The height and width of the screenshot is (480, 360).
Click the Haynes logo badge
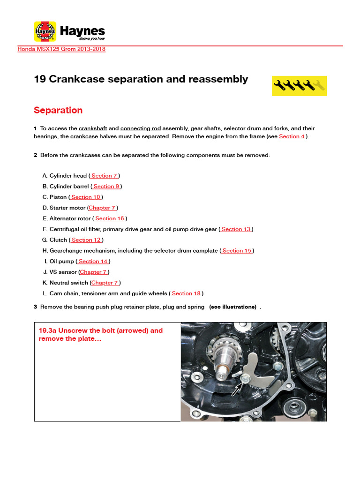(x=45, y=31)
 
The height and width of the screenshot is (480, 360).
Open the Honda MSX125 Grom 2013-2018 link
(x=61, y=49)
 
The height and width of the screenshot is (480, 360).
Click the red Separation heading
(x=58, y=110)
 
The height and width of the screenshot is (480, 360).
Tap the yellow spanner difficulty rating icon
(x=299, y=85)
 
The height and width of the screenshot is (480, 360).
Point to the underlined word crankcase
(x=84, y=136)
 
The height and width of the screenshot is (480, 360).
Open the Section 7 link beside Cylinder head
(x=105, y=176)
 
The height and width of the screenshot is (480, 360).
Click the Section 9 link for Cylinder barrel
(x=106, y=187)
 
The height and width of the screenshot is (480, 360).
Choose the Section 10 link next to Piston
(x=86, y=197)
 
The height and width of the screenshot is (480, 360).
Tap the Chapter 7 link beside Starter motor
(x=102, y=208)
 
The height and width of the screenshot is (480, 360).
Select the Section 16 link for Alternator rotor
(x=110, y=218)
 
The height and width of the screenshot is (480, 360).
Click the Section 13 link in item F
(x=236, y=229)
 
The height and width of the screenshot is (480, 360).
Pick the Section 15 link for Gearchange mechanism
(x=237, y=251)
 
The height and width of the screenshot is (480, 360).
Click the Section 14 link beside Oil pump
(x=93, y=262)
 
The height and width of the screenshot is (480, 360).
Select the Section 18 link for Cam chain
(x=186, y=293)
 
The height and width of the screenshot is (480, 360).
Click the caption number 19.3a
(x=48, y=330)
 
